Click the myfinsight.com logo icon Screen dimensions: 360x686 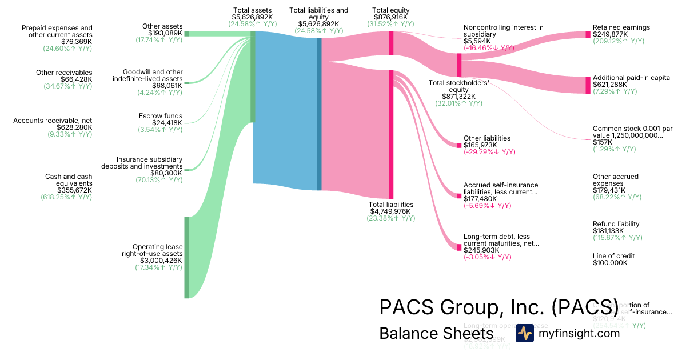coord(525,333)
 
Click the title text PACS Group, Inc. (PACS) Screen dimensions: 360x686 coord(499,307)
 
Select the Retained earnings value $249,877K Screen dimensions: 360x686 coord(610,34)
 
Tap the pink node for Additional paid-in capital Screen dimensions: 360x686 coord(588,85)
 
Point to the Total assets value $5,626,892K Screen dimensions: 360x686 coord(252,17)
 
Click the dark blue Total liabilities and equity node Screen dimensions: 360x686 coord(319,114)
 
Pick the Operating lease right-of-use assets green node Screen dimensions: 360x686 coord(186,257)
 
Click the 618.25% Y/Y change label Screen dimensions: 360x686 coord(66,197)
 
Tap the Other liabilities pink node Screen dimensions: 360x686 coord(459,145)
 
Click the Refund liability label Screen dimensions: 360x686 coord(616,224)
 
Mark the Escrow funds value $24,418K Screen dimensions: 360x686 coord(167,123)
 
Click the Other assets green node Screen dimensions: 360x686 coord(186,34)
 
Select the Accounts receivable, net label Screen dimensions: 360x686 coord(53,120)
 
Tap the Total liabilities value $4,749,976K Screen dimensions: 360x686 coord(391,211)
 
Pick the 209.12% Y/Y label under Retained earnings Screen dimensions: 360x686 coord(618,41)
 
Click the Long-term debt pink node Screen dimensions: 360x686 coord(459,247)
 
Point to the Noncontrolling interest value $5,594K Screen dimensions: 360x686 coord(477,41)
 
